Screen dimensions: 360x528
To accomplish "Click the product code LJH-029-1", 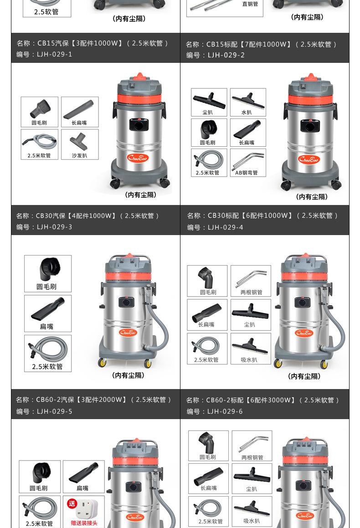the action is pyautogui.click(x=54, y=54).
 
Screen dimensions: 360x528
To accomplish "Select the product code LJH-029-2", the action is pyautogui.click(x=226, y=55).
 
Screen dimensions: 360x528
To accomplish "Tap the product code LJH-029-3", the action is pyautogui.click(x=54, y=227).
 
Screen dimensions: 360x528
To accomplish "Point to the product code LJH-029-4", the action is pyautogui.click(x=225, y=228).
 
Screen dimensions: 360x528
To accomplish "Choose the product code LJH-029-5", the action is pyautogui.click(x=54, y=411).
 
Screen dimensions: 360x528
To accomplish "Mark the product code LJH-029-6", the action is pyautogui.click(x=225, y=411).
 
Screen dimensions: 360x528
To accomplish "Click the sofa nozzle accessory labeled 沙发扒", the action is pyautogui.click(x=80, y=144).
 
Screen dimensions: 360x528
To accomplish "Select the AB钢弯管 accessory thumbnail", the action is pyautogui.click(x=248, y=163).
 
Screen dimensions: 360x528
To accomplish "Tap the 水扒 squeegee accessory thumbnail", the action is pyautogui.click(x=248, y=103).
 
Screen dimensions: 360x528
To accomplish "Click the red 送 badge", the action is pyautogui.click(x=72, y=504).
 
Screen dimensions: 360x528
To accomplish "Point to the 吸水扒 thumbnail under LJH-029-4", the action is pyautogui.click(x=251, y=349).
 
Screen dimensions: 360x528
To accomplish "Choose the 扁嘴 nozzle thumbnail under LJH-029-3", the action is pyautogui.click(x=48, y=313).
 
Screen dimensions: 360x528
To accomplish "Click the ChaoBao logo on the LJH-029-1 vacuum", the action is pyautogui.click(x=138, y=158).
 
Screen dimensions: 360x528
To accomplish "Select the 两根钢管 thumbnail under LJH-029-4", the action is pyautogui.click(x=251, y=281).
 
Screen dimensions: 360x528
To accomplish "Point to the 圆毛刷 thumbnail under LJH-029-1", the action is pyautogui.click(x=39, y=112).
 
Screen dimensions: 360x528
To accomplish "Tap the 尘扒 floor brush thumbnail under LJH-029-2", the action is pyautogui.click(x=209, y=103).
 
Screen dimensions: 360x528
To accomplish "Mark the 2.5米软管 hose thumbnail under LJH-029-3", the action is pyautogui.click(x=48, y=353).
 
